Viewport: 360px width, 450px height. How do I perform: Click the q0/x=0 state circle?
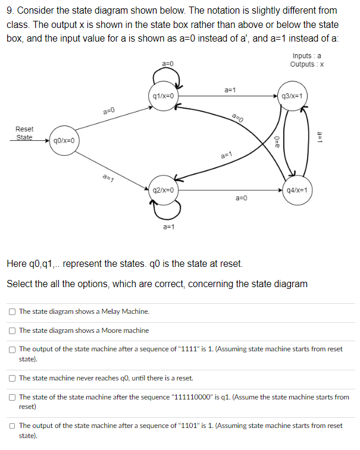tap(63, 141)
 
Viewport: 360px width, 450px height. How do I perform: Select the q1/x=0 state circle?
tap(163, 96)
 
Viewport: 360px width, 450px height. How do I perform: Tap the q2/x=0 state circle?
tap(163, 190)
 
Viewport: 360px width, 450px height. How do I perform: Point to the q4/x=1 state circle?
tap(296, 190)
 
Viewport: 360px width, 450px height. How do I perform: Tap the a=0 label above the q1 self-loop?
tap(168, 64)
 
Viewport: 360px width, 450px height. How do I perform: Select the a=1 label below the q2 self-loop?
tap(169, 226)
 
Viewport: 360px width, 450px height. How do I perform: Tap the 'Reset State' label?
tap(24, 133)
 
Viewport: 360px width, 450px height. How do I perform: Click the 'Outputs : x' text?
tap(306, 64)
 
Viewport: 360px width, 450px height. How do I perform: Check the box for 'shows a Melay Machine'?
tap(12, 311)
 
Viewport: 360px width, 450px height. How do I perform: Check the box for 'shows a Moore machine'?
tap(12, 331)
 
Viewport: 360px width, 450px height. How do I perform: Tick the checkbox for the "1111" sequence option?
tap(12, 349)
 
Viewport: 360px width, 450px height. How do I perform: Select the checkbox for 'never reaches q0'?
tap(12, 378)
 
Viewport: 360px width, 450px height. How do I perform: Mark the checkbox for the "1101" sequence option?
tap(12, 426)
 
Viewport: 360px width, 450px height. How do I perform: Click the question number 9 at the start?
tap(10, 11)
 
